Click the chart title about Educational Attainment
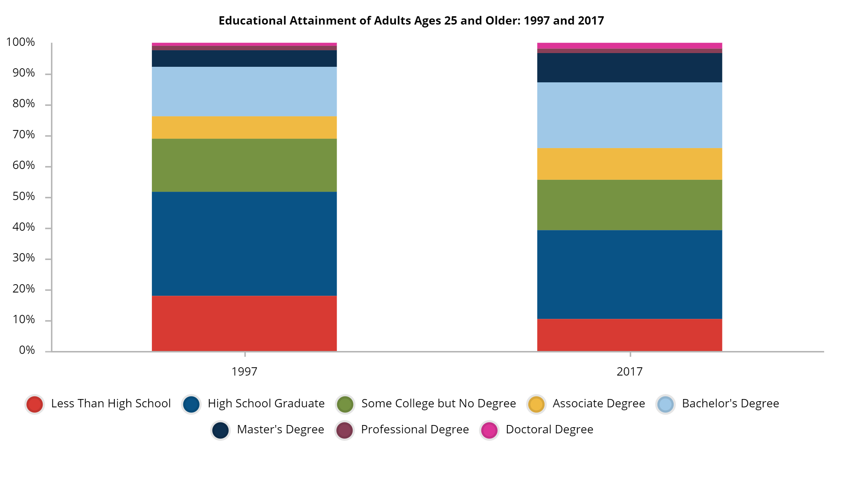click(411, 21)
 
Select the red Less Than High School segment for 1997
click(244, 323)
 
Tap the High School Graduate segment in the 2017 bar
click(629, 274)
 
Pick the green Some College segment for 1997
click(244, 165)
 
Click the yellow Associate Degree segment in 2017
click(629, 164)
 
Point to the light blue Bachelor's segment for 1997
click(244, 91)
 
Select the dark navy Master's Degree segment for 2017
click(629, 68)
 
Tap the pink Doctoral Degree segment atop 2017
click(629, 45)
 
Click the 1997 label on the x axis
click(244, 372)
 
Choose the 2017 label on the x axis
click(629, 372)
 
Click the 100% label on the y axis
click(21, 42)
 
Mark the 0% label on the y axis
click(27, 350)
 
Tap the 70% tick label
click(24, 135)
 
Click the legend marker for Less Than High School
click(35, 404)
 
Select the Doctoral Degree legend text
click(549, 429)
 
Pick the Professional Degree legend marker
click(345, 430)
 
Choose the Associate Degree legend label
click(599, 403)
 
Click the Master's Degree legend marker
click(220, 430)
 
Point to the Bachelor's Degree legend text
click(730, 403)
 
